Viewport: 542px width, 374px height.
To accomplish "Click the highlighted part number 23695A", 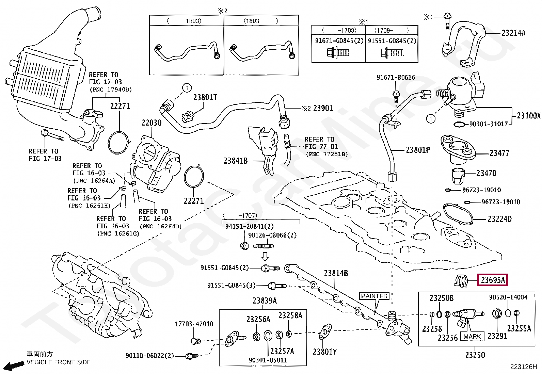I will coord(492,280).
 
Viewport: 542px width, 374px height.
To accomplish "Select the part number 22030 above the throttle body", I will coord(152,123).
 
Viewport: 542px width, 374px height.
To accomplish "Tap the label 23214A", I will coord(513,33).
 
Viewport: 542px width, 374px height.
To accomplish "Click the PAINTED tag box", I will coord(374,296).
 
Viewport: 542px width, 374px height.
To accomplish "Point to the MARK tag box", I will coord(472,337).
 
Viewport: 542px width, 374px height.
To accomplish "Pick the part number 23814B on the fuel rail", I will coord(336,273).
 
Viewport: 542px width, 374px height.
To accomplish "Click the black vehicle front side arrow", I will coord(13,366).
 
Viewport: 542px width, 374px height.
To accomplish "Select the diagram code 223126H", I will coord(523,367).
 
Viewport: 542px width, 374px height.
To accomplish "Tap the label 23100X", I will coord(528,116).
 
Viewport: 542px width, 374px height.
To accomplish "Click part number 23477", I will coord(499,153).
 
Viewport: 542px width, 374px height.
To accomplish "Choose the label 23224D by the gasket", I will coord(499,219).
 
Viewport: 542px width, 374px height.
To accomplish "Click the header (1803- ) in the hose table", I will coord(261,21).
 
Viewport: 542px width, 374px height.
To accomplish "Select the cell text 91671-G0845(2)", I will coord(339,41).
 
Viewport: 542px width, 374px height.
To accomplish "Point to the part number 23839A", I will coord(265,301).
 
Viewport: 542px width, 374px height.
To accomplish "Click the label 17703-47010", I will coord(194,324).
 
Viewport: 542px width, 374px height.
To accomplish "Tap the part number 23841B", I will coord(235,161).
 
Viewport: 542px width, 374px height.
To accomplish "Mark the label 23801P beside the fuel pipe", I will coord(418,150).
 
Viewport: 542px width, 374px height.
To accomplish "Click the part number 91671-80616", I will coord(396,78).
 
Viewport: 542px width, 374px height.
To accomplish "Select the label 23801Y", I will coord(325,352).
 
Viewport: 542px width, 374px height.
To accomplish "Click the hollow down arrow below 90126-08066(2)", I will coord(265,256).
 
